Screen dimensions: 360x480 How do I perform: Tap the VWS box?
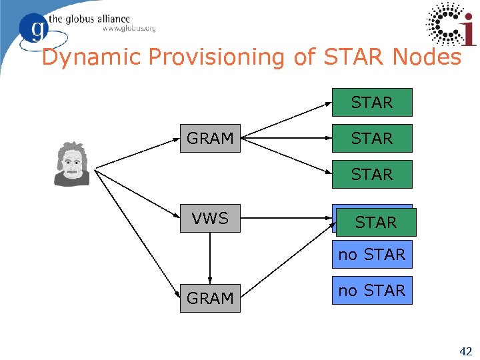coord(210,218)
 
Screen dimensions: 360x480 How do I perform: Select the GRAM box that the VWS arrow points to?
coord(210,298)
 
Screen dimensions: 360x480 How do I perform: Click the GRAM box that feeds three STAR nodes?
coord(210,139)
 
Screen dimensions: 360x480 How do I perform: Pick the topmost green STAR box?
coord(372,103)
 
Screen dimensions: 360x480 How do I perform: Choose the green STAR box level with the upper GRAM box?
coord(372,139)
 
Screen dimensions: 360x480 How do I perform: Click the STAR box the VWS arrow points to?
coord(376,222)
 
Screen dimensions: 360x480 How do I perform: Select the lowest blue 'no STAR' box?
coord(372,291)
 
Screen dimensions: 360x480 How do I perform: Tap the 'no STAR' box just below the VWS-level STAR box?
coord(372,255)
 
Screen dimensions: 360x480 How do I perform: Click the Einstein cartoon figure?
coord(71,164)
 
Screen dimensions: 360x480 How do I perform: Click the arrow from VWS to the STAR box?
coord(287,218)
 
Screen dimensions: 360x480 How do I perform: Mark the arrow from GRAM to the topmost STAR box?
coord(287,121)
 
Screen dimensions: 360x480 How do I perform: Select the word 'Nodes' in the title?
coord(427,57)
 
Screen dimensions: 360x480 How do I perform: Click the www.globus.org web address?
coord(129,29)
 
